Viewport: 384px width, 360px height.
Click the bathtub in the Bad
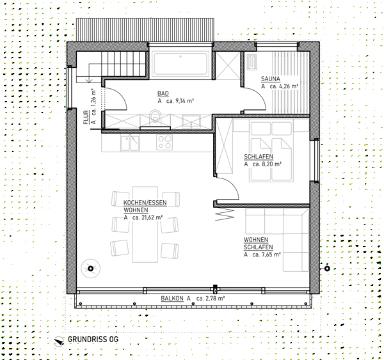click(x=180, y=63)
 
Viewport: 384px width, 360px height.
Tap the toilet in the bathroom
click(x=156, y=116)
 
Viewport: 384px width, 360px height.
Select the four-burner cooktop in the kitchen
click(x=164, y=142)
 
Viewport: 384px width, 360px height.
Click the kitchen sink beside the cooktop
click(x=130, y=143)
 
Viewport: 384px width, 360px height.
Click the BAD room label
click(x=163, y=93)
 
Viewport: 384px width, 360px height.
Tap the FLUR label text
click(x=86, y=117)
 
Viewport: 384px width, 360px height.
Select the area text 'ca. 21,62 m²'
click(x=148, y=217)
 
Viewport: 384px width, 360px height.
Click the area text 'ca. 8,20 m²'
click(x=267, y=164)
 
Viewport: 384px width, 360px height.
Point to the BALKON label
click(x=172, y=299)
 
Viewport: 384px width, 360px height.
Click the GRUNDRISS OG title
click(x=93, y=340)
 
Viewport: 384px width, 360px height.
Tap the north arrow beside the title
click(x=59, y=341)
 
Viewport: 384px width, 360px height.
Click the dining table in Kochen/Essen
click(x=145, y=224)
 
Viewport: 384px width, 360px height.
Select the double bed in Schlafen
click(x=271, y=150)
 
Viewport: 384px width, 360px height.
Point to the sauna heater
click(x=252, y=61)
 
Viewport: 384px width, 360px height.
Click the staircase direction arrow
click(x=89, y=73)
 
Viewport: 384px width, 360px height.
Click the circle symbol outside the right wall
click(x=327, y=269)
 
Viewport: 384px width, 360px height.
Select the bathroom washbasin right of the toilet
click(x=191, y=121)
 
